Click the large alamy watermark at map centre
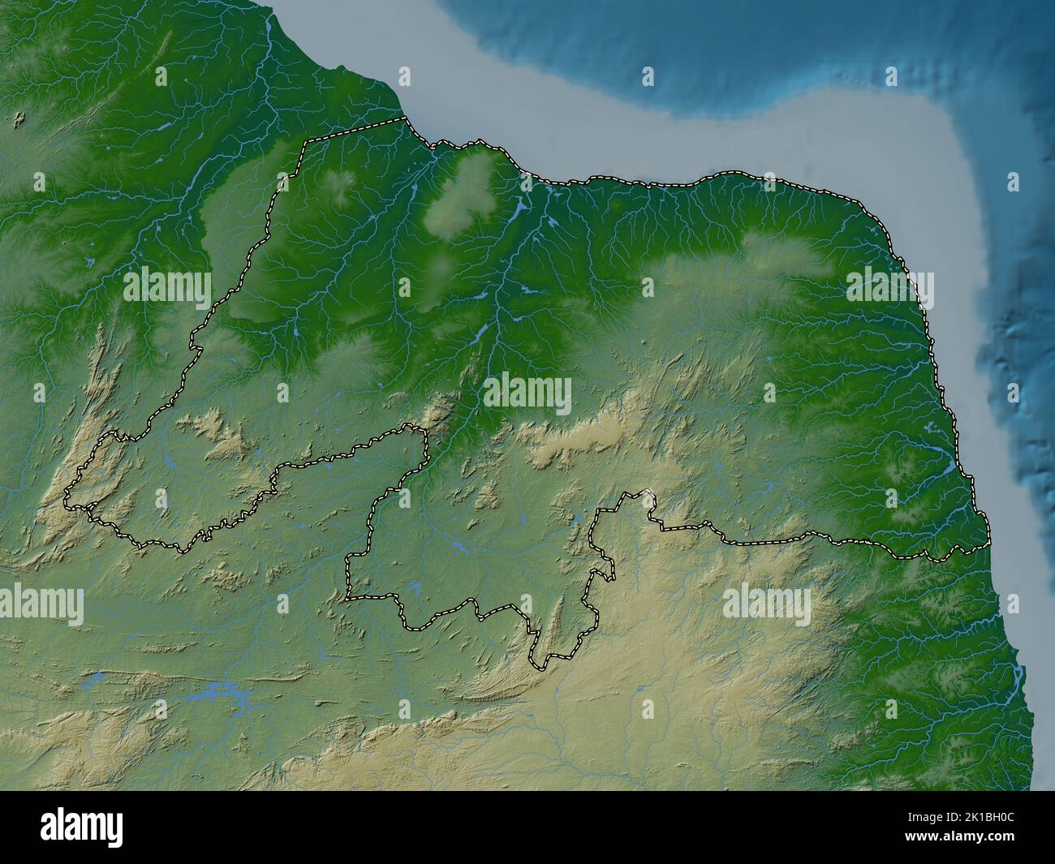[x=527, y=394]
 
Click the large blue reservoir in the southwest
[x=223, y=692]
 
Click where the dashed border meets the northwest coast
[x=404, y=119]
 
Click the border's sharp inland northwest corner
[x=305, y=142]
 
